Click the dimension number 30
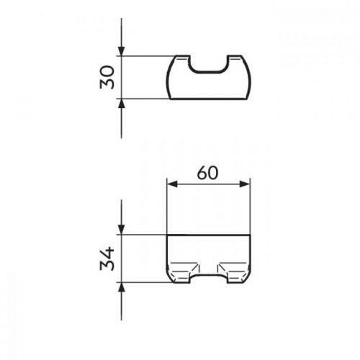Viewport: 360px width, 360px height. click(107, 77)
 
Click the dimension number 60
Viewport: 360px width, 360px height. click(207, 173)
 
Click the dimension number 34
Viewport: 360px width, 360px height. click(107, 258)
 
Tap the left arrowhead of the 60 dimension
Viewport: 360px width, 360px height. click(172, 184)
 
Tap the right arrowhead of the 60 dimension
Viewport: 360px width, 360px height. click(245, 184)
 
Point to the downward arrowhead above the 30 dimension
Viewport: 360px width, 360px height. click(122, 51)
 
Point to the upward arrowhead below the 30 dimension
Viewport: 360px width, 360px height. click(122, 104)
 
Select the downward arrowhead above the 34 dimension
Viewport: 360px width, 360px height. click(122, 230)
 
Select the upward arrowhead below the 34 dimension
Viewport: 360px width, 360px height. click(122, 287)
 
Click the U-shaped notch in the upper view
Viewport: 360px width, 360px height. click(208, 71)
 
